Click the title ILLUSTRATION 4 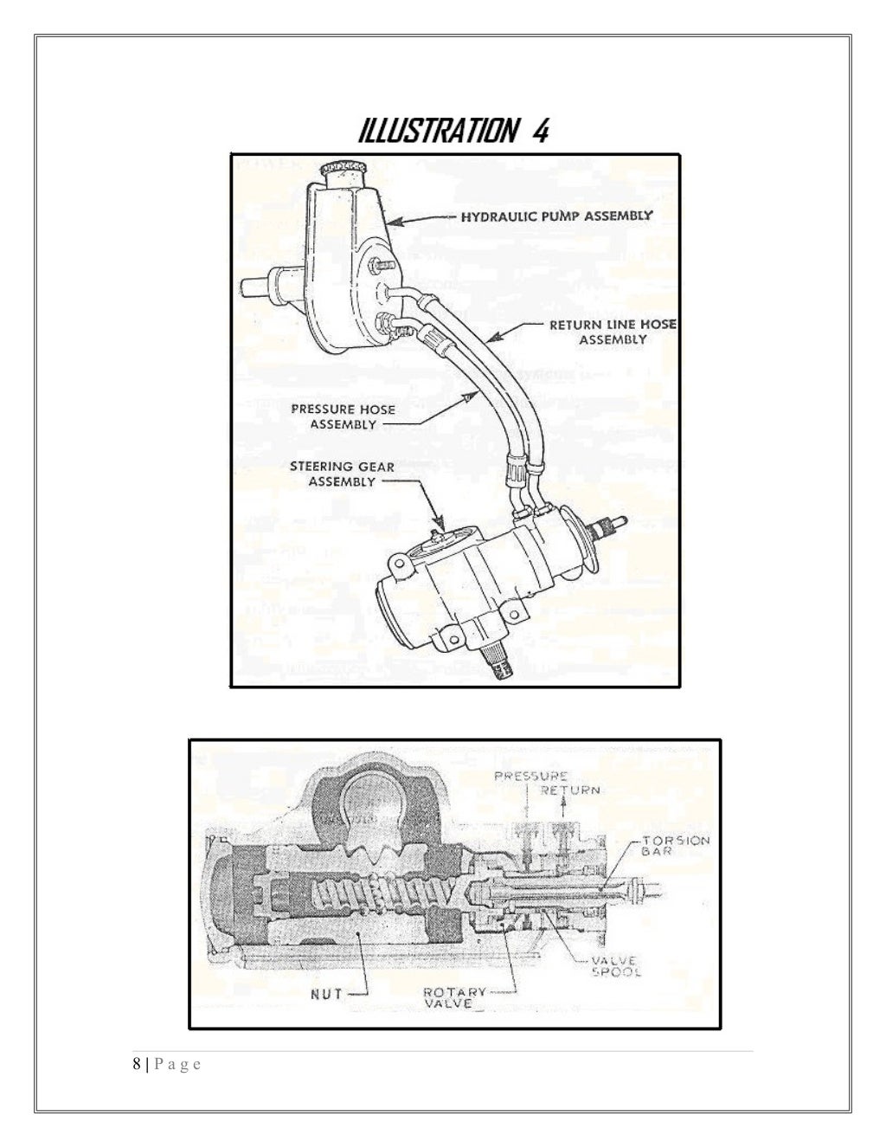453,132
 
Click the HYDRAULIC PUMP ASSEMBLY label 556,216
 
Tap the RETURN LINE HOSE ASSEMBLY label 613,332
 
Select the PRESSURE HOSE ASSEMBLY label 343,416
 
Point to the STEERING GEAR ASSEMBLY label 342,474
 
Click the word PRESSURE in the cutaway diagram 530,777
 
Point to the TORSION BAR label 676,846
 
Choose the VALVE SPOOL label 615,966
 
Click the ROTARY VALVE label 453,997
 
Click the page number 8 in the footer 136,1064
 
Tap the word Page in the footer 177,1064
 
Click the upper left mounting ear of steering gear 398,565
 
